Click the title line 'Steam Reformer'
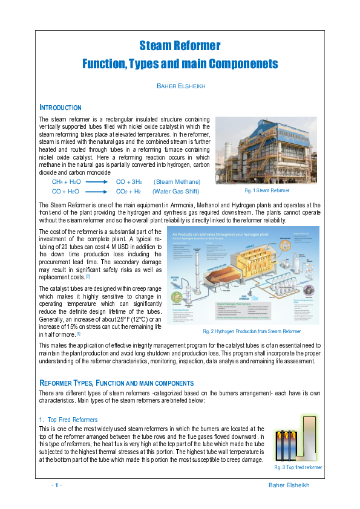tap(180, 46)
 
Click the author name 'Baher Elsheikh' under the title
tap(180, 86)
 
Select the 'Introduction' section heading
tap(60, 107)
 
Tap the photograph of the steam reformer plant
tap(266, 150)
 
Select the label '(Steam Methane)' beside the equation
tap(177, 181)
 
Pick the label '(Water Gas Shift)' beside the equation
tap(175, 191)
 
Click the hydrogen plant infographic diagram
tap(243, 276)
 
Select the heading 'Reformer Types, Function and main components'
tap(116, 383)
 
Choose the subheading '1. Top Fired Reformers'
tap(68, 420)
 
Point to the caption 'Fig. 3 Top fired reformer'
tap(298, 467)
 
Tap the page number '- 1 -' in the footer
tap(56, 485)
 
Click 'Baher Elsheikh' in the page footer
tap(289, 485)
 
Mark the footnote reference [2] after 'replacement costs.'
tap(88, 276)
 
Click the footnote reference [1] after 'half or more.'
tap(79, 334)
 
